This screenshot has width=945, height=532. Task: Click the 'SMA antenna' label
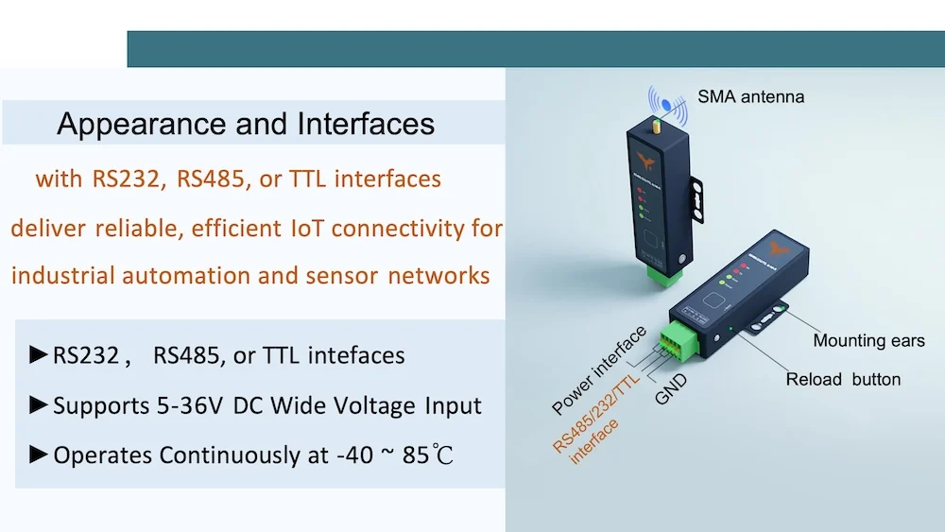(x=751, y=96)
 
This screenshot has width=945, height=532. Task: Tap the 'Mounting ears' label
(x=868, y=341)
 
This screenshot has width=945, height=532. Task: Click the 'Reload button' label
(x=843, y=379)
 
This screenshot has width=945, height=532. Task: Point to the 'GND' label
(x=671, y=388)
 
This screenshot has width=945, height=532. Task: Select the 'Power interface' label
(x=599, y=370)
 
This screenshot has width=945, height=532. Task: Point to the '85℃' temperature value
(x=428, y=455)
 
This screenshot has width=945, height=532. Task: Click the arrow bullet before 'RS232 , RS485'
(x=39, y=355)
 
